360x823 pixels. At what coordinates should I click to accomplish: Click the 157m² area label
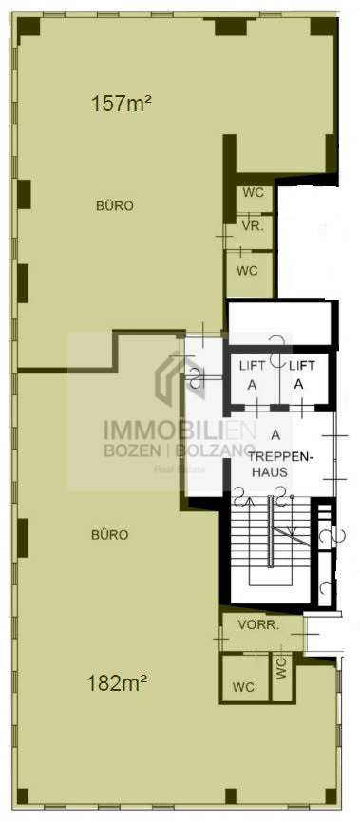click(122, 103)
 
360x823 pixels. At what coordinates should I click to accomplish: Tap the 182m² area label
click(116, 683)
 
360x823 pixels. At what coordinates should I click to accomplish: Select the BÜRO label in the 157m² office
click(114, 206)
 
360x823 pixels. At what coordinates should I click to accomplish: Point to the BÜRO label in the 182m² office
click(109, 535)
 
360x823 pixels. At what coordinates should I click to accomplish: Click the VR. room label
click(253, 227)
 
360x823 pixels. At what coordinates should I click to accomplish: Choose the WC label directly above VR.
click(254, 193)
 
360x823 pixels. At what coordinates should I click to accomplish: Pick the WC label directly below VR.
click(247, 271)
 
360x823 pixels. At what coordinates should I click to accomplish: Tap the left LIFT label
click(252, 365)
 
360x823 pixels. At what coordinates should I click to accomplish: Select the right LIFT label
click(302, 365)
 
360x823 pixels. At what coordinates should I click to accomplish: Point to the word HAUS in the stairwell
click(270, 472)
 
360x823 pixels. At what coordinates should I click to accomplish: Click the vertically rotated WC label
click(282, 670)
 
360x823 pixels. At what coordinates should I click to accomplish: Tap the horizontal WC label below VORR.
click(243, 687)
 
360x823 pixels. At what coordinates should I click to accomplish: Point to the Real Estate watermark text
click(180, 469)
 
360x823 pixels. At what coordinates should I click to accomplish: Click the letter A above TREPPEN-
click(275, 434)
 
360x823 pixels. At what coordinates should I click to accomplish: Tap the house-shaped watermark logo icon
click(180, 379)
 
